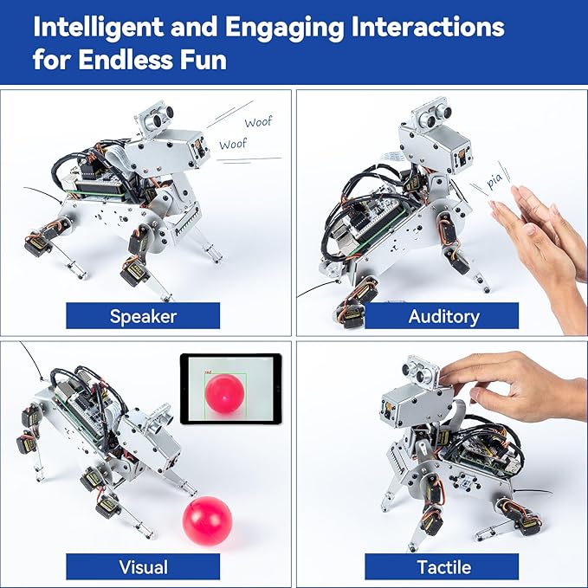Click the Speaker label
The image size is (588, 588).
pyautogui.click(x=143, y=316)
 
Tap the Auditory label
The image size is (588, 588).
pyautogui.click(x=443, y=316)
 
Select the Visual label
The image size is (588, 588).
pyautogui.click(x=143, y=567)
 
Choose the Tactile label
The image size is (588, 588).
pyautogui.click(x=443, y=567)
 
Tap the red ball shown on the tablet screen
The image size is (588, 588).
pyautogui.click(x=224, y=393)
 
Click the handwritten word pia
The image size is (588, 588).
pyautogui.click(x=494, y=183)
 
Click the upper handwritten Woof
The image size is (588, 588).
pyautogui.click(x=257, y=123)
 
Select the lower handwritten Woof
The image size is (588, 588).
pyautogui.click(x=232, y=145)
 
